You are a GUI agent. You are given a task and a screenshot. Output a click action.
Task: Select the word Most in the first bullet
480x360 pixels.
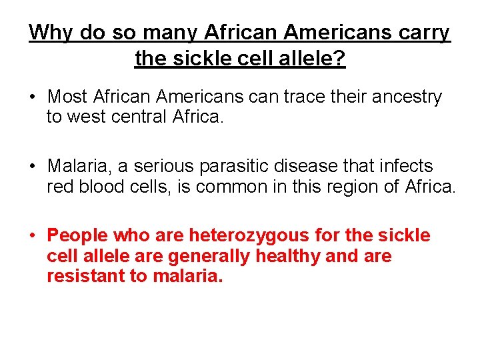point(67,97)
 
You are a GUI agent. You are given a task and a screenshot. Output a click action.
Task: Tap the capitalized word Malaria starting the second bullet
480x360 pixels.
point(75,166)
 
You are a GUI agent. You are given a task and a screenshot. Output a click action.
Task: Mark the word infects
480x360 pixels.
point(405,166)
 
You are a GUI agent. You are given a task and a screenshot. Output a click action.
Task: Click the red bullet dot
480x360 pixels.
point(32,236)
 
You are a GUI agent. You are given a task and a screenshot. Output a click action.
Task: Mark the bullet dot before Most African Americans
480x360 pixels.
point(32,97)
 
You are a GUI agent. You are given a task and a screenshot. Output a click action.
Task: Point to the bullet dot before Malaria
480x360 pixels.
point(32,167)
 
